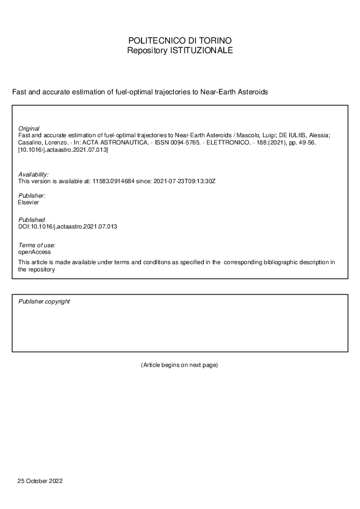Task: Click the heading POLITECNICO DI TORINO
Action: pyautogui.click(x=180, y=41)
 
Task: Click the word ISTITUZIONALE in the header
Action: pyautogui.click(x=198, y=51)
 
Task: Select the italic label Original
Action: pyautogui.click(x=29, y=129)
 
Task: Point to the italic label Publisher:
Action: pyautogui.click(x=33, y=196)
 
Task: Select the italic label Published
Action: pyautogui.click(x=31, y=220)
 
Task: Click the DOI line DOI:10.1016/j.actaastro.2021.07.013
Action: pyautogui.click(x=68, y=227)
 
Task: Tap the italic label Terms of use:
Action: pyautogui.click(x=38, y=244)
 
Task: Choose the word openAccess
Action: pyautogui.click(x=35, y=251)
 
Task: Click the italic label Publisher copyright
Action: pyautogui.click(x=44, y=301)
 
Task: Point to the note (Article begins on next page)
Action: pyautogui.click(x=179, y=365)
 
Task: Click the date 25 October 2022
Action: pyautogui.click(x=40, y=481)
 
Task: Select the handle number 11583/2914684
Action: pyautogui.click(x=113, y=181)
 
